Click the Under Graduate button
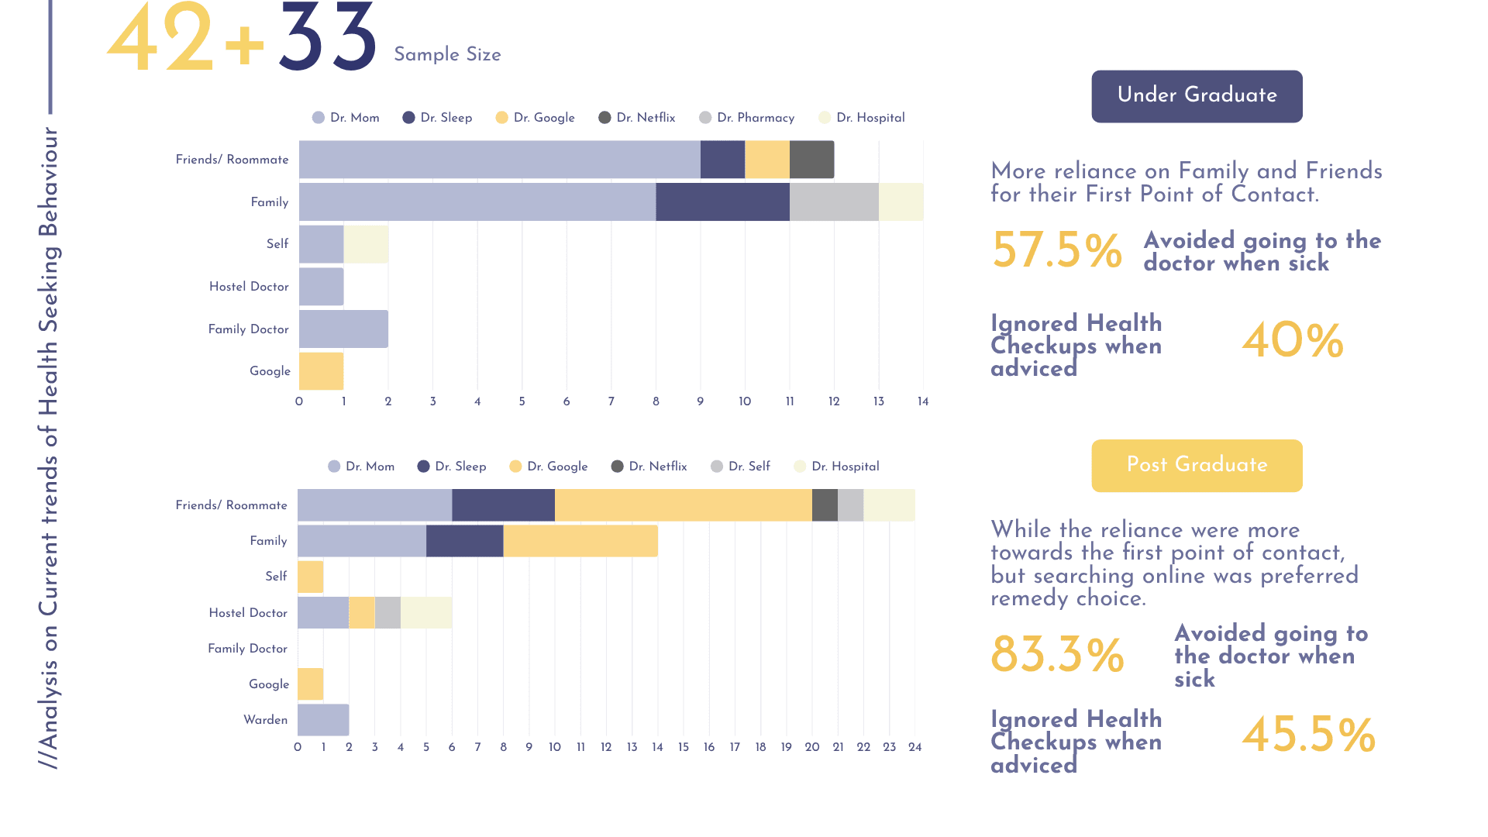(x=1197, y=96)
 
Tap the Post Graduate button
(x=1197, y=465)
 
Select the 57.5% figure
(x=1056, y=250)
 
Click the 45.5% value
(x=1308, y=735)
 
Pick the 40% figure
(x=1293, y=341)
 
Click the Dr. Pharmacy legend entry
(x=747, y=118)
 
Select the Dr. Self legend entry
(x=740, y=467)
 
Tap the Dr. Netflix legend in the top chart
(x=637, y=118)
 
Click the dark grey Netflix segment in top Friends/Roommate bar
(x=812, y=160)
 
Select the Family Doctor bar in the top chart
(x=343, y=329)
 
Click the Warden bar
(x=323, y=720)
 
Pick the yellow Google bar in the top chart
(x=321, y=371)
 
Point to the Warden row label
(x=266, y=720)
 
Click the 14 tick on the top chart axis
(x=923, y=401)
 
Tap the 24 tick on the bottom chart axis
(x=915, y=747)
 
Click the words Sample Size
(x=447, y=54)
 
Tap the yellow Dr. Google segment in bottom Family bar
(x=580, y=541)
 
